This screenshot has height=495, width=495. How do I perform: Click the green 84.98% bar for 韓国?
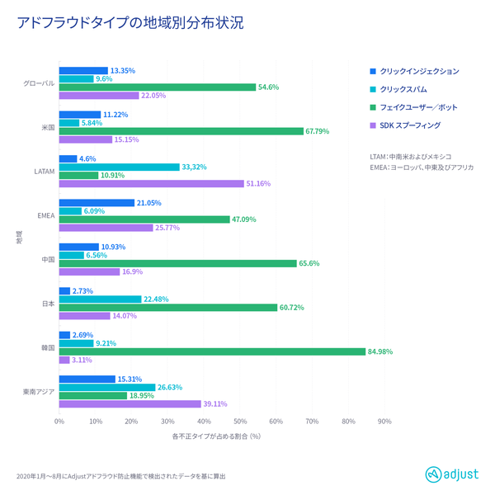(x=212, y=351)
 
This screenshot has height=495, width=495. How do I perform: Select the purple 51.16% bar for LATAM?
(x=151, y=184)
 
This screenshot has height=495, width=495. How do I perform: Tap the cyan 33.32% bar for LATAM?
(x=119, y=167)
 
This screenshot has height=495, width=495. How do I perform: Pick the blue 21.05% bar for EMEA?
(x=97, y=203)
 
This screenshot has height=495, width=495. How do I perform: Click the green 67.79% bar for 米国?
(x=181, y=130)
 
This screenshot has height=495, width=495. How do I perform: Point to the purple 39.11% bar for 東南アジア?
(x=130, y=404)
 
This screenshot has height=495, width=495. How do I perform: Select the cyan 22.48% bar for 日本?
(x=100, y=299)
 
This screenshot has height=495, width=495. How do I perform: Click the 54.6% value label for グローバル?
(x=269, y=87)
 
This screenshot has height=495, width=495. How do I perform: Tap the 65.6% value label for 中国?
(x=309, y=263)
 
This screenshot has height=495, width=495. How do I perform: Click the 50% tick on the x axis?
(x=240, y=422)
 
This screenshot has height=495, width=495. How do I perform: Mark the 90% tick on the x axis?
(x=384, y=422)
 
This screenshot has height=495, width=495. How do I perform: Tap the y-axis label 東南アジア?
(x=38, y=391)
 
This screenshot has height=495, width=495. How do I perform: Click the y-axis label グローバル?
(x=40, y=83)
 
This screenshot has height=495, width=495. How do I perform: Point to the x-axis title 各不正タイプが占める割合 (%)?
(x=217, y=436)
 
